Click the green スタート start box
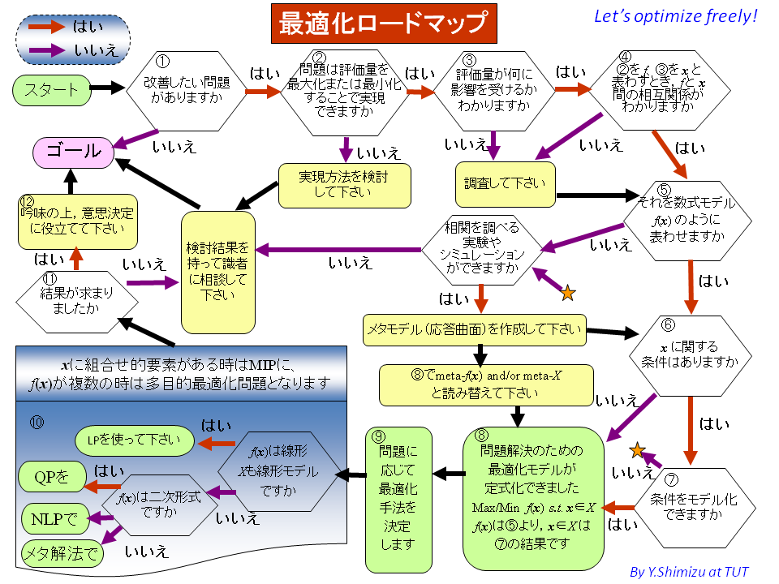(51, 89)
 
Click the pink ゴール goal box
(72, 152)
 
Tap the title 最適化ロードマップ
(382, 24)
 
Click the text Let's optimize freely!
(674, 16)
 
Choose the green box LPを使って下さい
(135, 441)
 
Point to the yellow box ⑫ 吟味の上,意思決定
(77, 221)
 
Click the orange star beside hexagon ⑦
(638, 449)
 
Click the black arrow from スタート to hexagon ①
(105, 87)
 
